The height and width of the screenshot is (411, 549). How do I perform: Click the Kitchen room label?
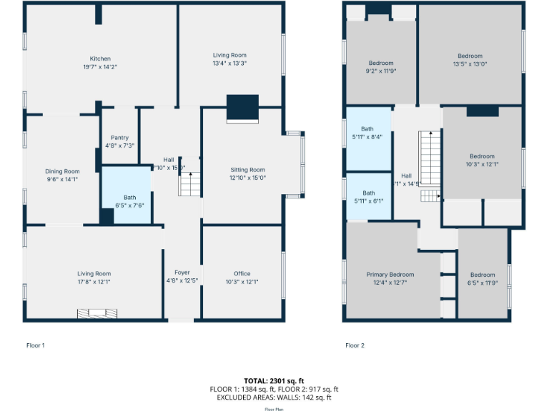click(x=100, y=59)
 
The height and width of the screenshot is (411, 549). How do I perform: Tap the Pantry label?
click(x=119, y=138)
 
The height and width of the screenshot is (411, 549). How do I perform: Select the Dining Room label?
click(x=62, y=171)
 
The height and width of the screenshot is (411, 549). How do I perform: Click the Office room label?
click(x=242, y=273)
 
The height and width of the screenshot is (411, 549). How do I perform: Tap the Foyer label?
click(x=182, y=273)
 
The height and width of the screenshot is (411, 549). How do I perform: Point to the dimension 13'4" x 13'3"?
click(x=229, y=63)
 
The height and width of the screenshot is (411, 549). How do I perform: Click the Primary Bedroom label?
click(x=390, y=275)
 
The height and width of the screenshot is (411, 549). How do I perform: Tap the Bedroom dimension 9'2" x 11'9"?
click(x=381, y=71)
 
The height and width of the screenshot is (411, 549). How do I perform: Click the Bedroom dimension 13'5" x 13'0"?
click(x=470, y=64)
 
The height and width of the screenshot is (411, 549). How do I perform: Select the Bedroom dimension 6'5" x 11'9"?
click(x=483, y=283)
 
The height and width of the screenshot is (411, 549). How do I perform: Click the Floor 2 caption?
click(x=355, y=345)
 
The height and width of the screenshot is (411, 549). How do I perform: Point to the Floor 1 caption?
click(x=35, y=345)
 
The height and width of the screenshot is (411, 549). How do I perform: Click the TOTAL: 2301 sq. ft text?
click(x=274, y=381)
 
